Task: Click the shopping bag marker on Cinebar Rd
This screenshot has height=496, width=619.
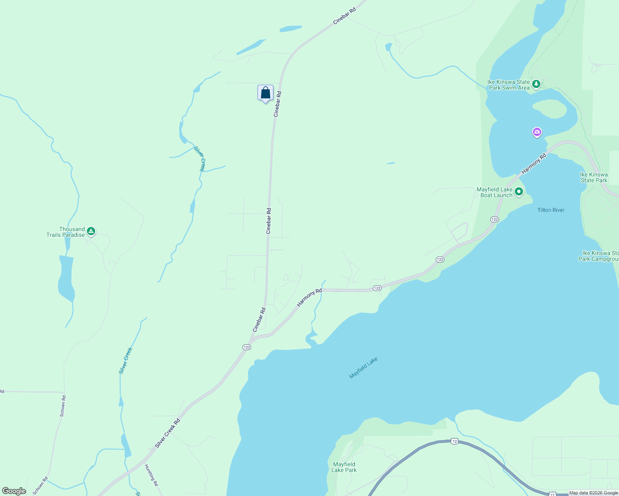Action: pos(265,93)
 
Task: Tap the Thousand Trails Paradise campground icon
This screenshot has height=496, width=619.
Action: pos(91,231)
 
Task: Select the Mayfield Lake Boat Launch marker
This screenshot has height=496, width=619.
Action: pos(519,192)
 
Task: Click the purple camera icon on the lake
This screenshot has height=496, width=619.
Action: pos(537,132)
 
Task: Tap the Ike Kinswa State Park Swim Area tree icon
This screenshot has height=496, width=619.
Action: pos(536,84)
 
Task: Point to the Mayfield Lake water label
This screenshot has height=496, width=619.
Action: pos(363,368)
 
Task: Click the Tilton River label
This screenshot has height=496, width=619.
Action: pos(551,210)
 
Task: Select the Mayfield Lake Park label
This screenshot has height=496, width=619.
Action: pos(344,467)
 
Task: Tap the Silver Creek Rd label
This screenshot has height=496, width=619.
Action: pos(168,433)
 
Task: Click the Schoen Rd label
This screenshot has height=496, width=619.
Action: pos(63,406)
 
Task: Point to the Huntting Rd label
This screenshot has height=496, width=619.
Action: pos(151,475)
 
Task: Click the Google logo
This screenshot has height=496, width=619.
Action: pos(14,491)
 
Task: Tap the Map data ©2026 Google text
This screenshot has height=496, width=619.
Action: pos(593,493)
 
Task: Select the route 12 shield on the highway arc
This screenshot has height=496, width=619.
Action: pos(455,441)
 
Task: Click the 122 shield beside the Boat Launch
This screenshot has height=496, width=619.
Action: pos(494,219)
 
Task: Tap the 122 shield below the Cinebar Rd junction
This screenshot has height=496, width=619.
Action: pos(247,347)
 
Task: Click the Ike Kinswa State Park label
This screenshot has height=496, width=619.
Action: pos(594,177)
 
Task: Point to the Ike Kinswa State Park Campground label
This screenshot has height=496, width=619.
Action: pos(598,256)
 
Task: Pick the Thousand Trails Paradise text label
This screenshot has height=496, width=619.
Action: pos(66,232)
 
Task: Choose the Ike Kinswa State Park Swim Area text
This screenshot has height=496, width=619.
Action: pos(509,85)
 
